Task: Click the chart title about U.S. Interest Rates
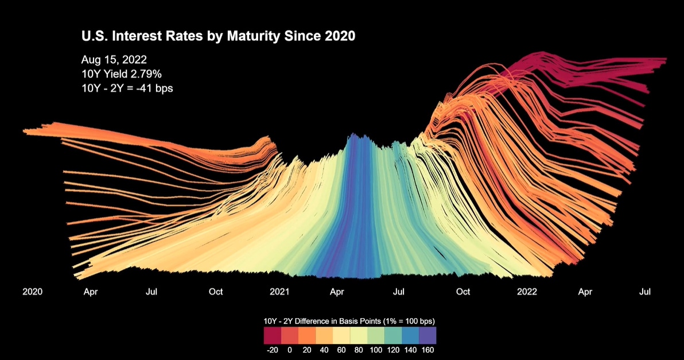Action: click(x=218, y=36)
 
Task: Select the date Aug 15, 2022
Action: click(x=114, y=60)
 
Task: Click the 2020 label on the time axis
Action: click(x=32, y=292)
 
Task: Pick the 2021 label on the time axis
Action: click(x=279, y=292)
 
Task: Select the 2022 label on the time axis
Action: click(x=527, y=292)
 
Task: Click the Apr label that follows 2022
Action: click(x=585, y=292)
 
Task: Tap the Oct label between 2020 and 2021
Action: click(x=215, y=292)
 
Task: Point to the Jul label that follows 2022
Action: click(x=645, y=292)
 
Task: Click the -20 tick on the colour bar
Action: click(x=272, y=349)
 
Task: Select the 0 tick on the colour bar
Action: click(x=289, y=349)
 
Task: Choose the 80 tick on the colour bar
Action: click(x=359, y=349)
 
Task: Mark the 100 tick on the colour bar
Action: click(x=376, y=349)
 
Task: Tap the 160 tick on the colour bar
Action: click(x=427, y=349)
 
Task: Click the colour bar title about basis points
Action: click(x=350, y=320)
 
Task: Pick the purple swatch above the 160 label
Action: click(x=427, y=335)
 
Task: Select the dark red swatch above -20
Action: click(x=272, y=335)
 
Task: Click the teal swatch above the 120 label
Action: click(x=393, y=335)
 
